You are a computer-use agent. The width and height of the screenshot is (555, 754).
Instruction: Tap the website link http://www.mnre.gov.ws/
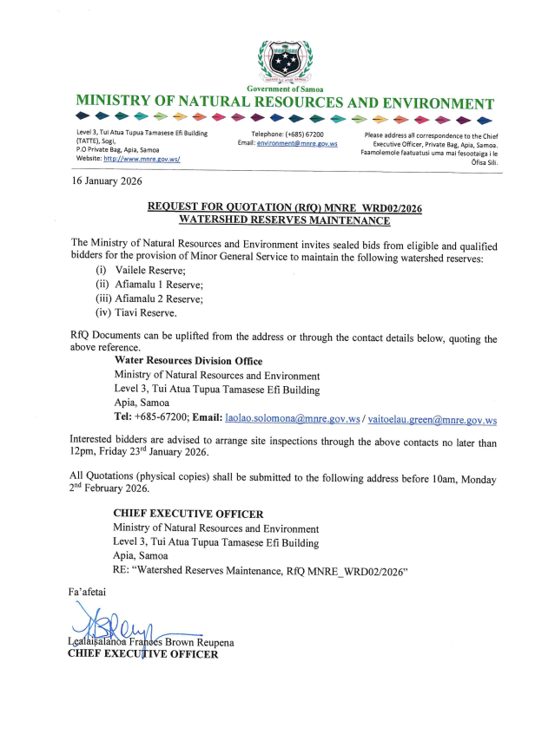tap(142, 160)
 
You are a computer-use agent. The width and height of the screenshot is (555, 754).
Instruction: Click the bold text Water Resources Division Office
tap(188, 361)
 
